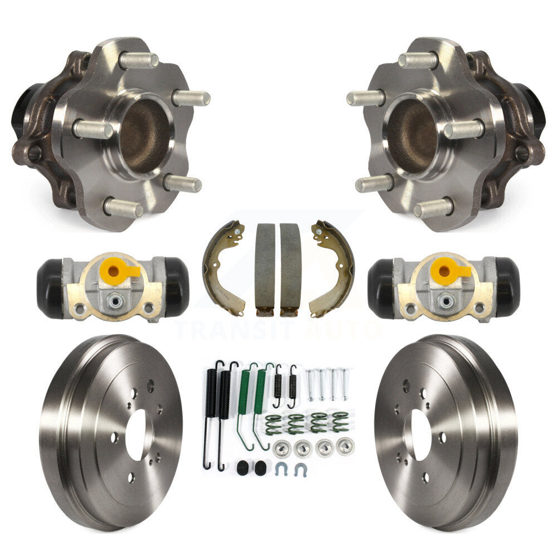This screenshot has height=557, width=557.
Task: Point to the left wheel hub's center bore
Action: tap(144, 134)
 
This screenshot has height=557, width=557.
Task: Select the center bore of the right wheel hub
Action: tap(412, 134)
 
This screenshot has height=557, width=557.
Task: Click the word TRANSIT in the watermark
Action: tap(235, 331)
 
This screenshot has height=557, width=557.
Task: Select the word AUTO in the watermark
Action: tap(341, 331)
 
